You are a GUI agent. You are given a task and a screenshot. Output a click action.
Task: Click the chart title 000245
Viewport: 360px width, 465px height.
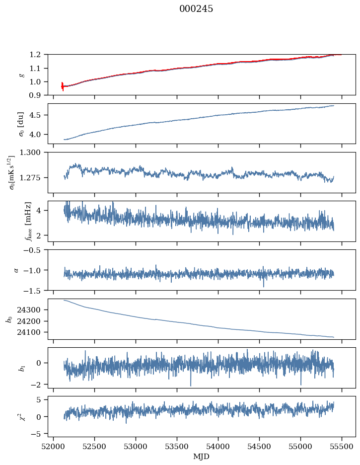coord(196,9)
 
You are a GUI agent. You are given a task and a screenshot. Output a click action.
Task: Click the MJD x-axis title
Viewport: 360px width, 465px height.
coord(202,457)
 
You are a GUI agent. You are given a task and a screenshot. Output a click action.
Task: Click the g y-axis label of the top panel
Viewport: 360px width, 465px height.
coord(21,75)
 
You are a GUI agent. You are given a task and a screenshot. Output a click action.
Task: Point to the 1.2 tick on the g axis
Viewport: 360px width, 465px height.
coord(38,55)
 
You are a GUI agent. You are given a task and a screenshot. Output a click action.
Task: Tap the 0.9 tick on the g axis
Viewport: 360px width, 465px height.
coord(38,95)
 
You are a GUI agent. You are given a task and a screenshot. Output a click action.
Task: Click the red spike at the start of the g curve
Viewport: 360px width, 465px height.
coord(63,86)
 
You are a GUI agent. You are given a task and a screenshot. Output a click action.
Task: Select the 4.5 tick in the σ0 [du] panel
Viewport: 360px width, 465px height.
coord(38,115)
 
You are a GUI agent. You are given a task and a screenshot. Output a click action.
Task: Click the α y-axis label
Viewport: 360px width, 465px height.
coord(16,270)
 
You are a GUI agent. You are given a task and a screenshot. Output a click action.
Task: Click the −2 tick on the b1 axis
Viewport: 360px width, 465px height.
coord(38,385)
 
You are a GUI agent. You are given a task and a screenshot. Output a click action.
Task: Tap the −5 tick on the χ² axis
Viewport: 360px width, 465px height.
coord(38,434)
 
